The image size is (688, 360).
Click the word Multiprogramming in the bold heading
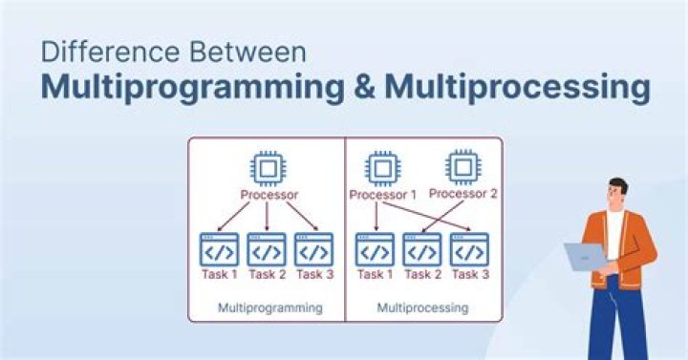pyautogui.click(x=192, y=87)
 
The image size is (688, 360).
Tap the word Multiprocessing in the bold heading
pyautogui.click(x=517, y=87)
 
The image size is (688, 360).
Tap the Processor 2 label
pyautogui.click(x=463, y=194)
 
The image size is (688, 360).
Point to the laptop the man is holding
pyautogui.click(x=585, y=256)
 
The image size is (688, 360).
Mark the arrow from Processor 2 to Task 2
pyautogui.click(x=442, y=218)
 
